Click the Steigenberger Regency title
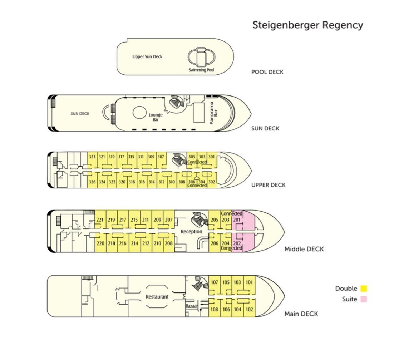(307, 25)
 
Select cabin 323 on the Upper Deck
(92, 157)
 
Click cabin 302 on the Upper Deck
(212, 182)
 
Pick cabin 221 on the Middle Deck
(100, 220)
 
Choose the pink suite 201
(237, 220)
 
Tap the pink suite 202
(237, 243)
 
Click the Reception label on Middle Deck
(191, 232)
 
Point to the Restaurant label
(157, 297)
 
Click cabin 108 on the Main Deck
(214, 310)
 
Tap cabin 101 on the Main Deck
(250, 282)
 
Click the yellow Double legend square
(364, 289)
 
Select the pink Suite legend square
(364, 299)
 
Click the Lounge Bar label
(156, 117)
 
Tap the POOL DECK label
(267, 72)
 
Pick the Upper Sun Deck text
(147, 56)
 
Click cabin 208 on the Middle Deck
(169, 243)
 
